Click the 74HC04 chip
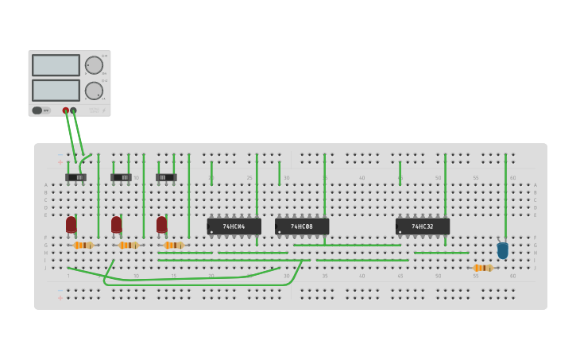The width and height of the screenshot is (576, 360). pyautogui.click(x=234, y=226)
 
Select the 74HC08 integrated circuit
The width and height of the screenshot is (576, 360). pyautogui.click(x=302, y=226)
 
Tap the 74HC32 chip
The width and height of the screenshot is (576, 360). pyautogui.click(x=423, y=226)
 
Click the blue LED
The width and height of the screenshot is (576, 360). pyautogui.click(x=502, y=250)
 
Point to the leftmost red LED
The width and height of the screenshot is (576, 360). pyautogui.click(x=72, y=225)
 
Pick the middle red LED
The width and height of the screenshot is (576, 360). pyautogui.click(x=117, y=225)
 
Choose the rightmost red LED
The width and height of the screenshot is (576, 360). pyautogui.click(x=162, y=225)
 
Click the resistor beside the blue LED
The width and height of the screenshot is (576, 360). pyautogui.click(x=482, y=268)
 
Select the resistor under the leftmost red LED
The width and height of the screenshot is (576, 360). pyautogui.click(x=83, y=246)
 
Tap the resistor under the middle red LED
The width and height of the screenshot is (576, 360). pyautogui.click(x=128, y=246)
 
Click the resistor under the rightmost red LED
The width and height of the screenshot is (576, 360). pyautogui.click(x=173, y=246)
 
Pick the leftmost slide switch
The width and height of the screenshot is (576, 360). pyautogui.click(x=76, y=176)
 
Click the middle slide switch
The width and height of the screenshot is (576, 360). pyautogui.click(x=122, y=176)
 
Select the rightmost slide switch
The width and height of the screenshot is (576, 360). pyautogui.click(x=166, y=176)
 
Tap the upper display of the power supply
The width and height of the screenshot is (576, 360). pyautogui.click(x=56, y=65)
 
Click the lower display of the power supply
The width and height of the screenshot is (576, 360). pyautogui.click(x=56, y=90)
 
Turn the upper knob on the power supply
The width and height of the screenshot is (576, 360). pyautogui.click(x=94, y=65)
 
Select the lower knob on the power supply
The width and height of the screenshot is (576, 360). pyautogui.click(x=94, y=91)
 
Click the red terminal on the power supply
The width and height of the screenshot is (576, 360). pyautogui.click(x=66, y=110)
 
